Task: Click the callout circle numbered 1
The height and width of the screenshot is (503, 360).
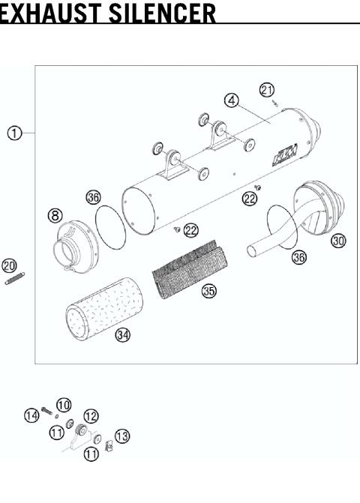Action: tap(13, 133)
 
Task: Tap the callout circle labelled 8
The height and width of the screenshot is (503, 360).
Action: tap(55, 215)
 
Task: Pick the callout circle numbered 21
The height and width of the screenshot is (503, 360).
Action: tap(266, 89)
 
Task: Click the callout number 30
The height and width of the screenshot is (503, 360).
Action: tap(338, 241)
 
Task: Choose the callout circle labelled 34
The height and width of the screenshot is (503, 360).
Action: tap(122, 334)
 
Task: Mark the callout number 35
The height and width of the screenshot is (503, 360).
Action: tap(209, 291)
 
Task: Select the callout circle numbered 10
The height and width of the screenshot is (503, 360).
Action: tap(64, 405)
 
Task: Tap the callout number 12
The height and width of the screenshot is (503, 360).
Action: tap(91, 415)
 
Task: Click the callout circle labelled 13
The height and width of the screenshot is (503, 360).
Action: tap(121, 436)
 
